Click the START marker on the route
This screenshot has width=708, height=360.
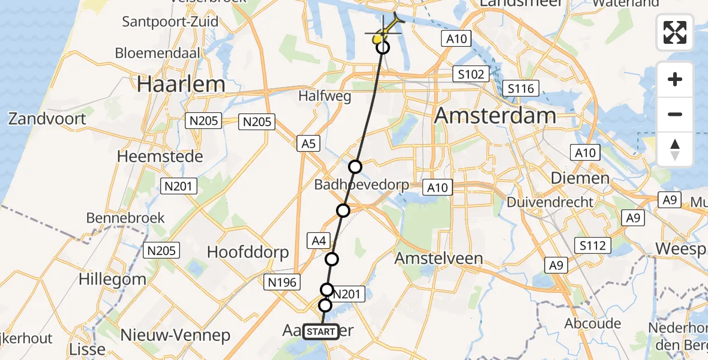coord(321,332)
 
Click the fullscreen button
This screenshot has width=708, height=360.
coord(675,32)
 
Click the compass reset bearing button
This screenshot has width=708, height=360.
coord(675,149)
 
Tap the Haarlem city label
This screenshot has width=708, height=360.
coord(181,84)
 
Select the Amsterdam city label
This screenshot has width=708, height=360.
coord(494,115)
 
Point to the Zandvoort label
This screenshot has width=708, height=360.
coord(47,118)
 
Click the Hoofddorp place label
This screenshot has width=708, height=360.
coord(248,252)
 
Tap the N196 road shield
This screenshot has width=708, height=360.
coord(282,281)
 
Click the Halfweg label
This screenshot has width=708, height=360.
coord(325,97)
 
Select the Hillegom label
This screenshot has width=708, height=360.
coord(112,279)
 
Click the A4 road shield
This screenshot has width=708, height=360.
coord(319,241)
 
